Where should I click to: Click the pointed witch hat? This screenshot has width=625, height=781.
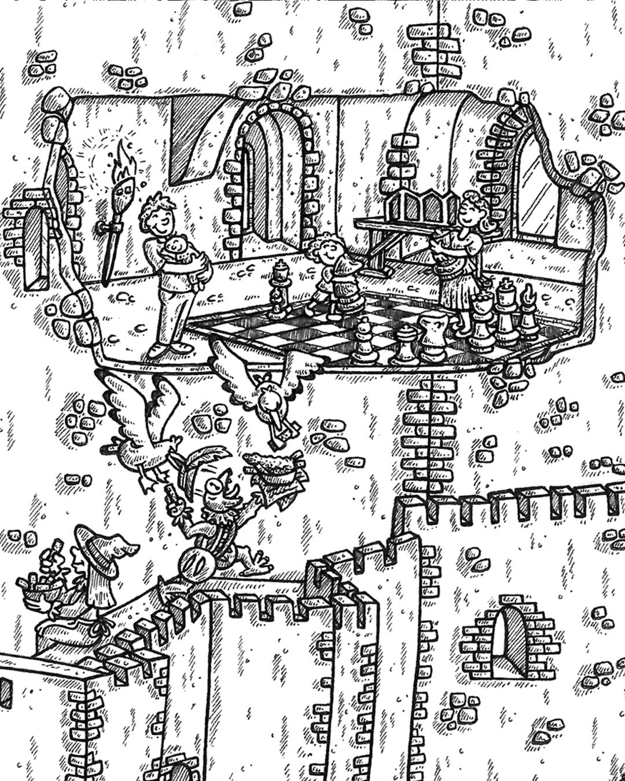(104, 550)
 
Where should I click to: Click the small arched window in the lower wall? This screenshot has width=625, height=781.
(509, 636)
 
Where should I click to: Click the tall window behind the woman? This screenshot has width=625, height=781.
(535, 185)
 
